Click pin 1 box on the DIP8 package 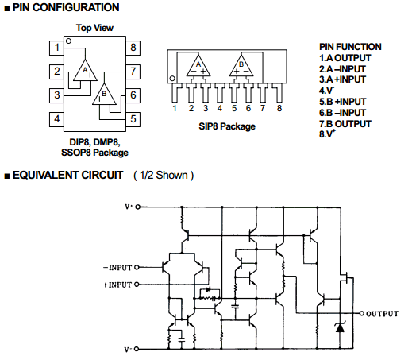tap(56, 48)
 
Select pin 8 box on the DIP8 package tap(133, 48)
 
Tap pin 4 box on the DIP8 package tap(56, 119)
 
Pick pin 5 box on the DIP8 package tap(133, 119)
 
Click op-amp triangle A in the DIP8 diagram tap(85, 70)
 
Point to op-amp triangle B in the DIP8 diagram tap(104, 95)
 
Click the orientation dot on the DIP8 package tap(68, 41)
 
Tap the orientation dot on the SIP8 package tap(172, 79)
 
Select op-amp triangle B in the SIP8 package tap(241, 66)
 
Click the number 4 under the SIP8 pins tap(220, 108)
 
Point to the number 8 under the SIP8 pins tap(279, 108)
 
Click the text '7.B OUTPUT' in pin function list tap(345, 124)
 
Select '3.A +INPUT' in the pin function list tap(342, 79)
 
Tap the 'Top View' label tap(94, 28)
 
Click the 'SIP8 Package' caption tap(227, 126)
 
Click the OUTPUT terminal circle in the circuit tap(362, 313)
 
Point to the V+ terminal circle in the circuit tap(137, 207)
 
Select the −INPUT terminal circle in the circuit tap(137, 267)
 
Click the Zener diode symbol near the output tap(340, 327)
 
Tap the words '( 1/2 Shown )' tap(164, 176)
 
